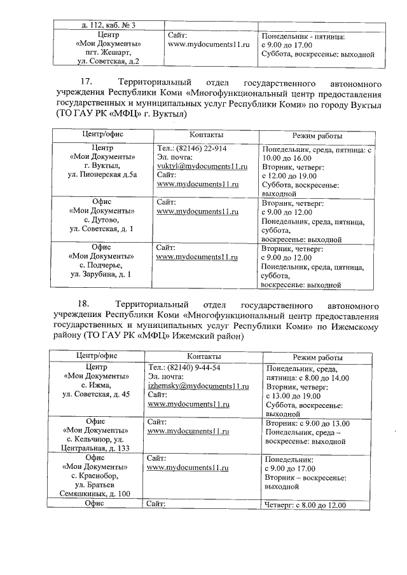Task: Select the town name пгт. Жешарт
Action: pyautogui.click(x=104, y=53)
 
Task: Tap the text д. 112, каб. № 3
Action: pyautogui.click(x=104, y=25)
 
